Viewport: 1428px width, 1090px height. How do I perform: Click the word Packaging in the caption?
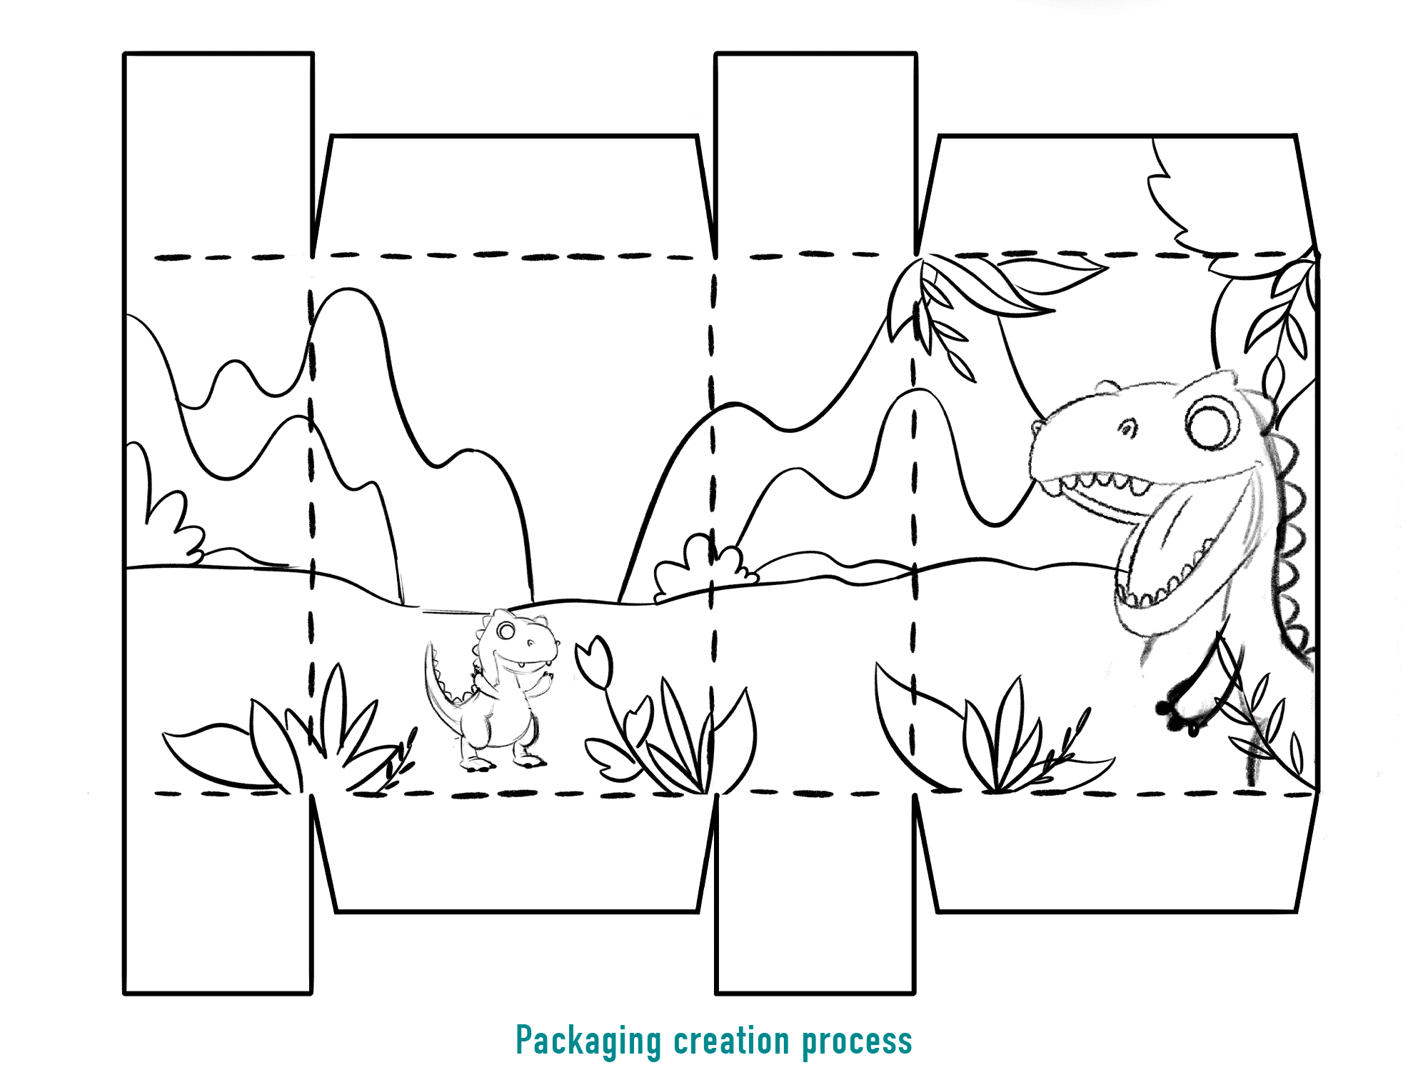[x=588, y=1041]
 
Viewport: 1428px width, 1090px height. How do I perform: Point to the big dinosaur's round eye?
[x=1212, y=421]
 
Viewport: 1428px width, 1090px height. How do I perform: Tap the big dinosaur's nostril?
[x=1127, y=429]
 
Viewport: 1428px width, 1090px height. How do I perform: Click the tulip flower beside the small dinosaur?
[x=594, y=663]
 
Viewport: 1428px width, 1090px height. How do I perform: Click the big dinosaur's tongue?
[x=1178, y=550]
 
